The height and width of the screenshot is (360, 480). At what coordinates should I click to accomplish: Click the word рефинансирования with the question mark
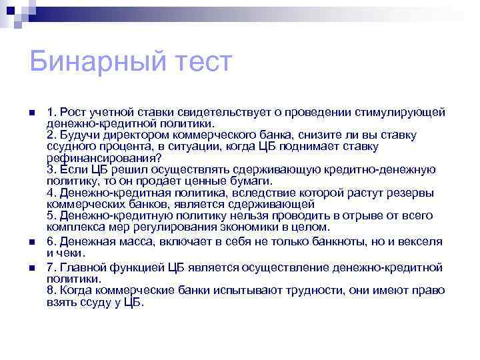103,159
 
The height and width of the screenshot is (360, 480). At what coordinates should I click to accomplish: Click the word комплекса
73,227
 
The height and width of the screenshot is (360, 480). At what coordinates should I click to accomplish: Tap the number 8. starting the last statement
51,291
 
